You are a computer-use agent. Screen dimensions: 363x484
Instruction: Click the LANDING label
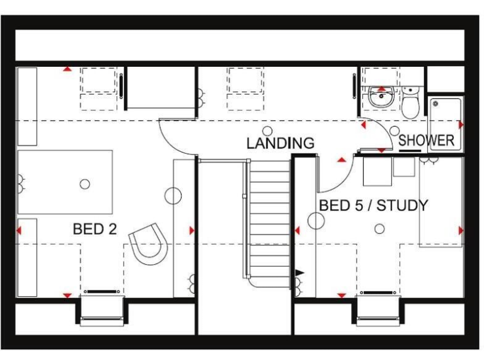click(x=280, y=143)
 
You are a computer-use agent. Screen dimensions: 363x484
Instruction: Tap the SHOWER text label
click(x=426, y=141)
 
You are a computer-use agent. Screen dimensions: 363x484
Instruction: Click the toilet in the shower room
click(x=411, y=105)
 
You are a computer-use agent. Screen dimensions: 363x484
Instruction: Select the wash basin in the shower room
click(x=380, y=98)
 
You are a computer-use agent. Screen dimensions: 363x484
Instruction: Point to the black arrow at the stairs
click(x=299, y=273)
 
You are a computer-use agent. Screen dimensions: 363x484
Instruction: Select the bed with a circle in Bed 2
click(x=65, y=182)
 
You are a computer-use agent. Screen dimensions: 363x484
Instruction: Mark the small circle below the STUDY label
click(x=379, y=229)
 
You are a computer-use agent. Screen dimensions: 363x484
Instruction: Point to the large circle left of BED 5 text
click(x=315, y=221)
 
